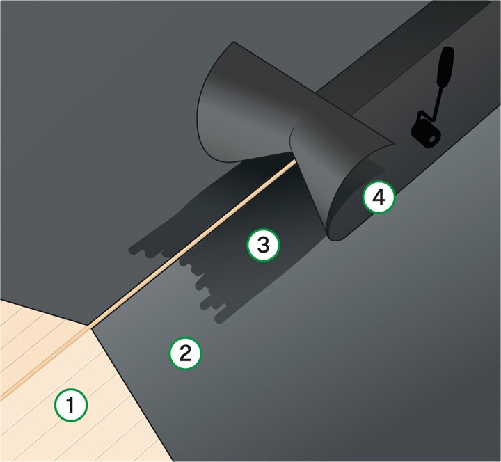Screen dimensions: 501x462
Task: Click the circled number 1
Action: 70,405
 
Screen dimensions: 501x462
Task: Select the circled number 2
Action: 185,353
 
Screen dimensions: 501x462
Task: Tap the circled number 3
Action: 263,245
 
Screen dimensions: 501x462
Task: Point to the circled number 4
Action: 379,197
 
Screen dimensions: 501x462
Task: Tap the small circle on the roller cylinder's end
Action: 432,139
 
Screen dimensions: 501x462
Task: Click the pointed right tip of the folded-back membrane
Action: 395,143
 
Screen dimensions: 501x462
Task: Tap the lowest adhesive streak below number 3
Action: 221,318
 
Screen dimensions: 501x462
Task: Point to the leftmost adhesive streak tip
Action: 133,250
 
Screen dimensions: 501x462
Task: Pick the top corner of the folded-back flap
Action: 234,42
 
